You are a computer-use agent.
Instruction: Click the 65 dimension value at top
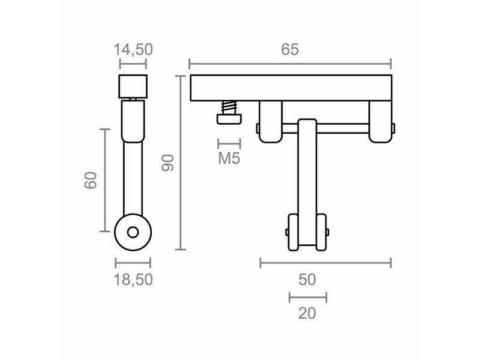coord(290,50)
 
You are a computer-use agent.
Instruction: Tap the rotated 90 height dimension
coord(168,163)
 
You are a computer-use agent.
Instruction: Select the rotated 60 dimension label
coord(91,180)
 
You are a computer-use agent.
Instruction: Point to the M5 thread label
coord(229,159)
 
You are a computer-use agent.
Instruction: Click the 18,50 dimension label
coord(133,279)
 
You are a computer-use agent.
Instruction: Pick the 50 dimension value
coord(307,279)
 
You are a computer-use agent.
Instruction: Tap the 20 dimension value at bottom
coord(307,313)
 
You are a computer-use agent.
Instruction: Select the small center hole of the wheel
coord(133,232)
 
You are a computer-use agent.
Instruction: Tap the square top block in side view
coord(133,87)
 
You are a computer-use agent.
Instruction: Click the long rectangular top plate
coord(290,88)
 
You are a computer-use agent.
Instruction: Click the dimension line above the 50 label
coord(325,262)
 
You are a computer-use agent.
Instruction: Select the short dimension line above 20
coord(307,297)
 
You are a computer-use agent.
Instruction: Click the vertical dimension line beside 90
coord(181,163)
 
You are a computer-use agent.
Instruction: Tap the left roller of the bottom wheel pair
coord(294,232)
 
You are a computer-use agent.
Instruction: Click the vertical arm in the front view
coord(307,174)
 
